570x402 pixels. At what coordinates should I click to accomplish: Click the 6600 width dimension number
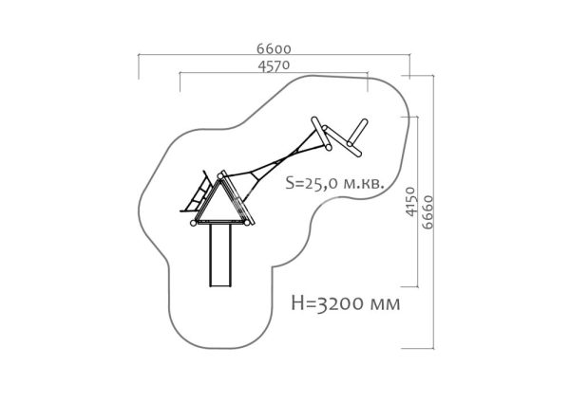274,49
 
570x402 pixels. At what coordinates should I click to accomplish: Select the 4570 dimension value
274,66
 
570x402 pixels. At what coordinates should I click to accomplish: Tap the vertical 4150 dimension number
410,202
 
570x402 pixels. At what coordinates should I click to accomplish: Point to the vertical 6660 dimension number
427,212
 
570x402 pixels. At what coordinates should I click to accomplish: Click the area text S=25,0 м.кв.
334,184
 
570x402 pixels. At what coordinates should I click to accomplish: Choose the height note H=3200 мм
346,303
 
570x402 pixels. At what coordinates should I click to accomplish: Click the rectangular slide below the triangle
220,256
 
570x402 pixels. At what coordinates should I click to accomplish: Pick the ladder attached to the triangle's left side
197,192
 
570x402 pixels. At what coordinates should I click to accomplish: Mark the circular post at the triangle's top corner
220,176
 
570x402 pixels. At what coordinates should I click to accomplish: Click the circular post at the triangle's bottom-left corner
194,223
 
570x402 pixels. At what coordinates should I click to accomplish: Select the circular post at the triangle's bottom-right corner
247,223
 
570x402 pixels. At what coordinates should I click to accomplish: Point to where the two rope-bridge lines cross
289,156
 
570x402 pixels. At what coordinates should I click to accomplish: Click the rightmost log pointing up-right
357,132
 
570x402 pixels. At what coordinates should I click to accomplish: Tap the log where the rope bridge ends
321,134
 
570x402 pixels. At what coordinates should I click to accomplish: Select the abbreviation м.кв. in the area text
364,184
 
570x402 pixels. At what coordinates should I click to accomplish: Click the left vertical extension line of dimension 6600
139,66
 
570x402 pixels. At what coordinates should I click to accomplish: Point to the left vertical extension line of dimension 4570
180,82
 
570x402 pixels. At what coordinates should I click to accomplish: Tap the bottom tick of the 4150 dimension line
409,287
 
